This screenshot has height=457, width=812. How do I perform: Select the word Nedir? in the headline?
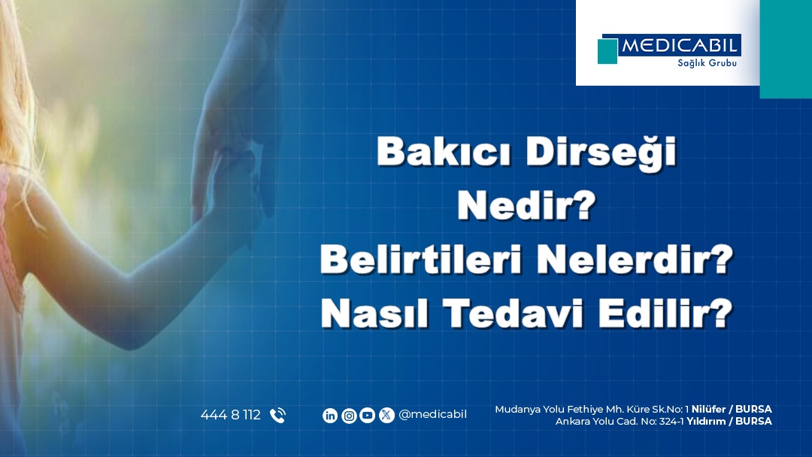pos(526,206)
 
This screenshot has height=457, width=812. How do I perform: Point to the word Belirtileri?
pos(420,259)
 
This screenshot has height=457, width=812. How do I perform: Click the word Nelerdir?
pos(635,259)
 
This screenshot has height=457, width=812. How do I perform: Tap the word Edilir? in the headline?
pos(666,313)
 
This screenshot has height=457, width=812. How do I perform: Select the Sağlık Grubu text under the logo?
pos(707,63)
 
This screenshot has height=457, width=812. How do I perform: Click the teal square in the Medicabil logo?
pos(607,51)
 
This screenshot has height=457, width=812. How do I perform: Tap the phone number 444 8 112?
pos(231,415)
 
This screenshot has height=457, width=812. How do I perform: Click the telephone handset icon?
pos(277,415)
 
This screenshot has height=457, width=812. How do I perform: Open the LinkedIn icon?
pos(330,415)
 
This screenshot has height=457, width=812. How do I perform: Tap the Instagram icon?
pos(349,415)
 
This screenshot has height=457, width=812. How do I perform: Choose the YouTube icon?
pos(367,415)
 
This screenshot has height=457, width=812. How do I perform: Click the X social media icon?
pos(386,415)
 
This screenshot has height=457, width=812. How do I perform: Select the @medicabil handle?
pos(433,415)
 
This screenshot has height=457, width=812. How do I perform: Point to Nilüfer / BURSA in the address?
pos(732,410)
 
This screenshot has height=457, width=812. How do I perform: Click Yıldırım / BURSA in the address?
pos(729,421)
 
